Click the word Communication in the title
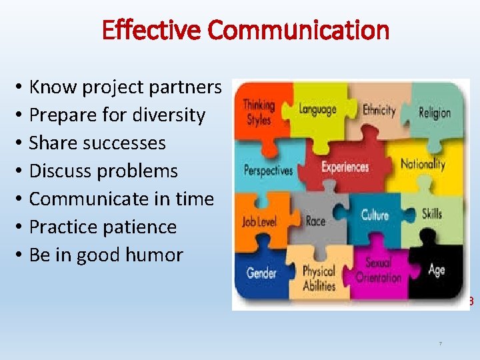coord(298,30)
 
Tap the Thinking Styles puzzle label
coord(258,112)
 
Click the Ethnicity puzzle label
coord(379,110)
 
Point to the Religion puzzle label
coord(435,112)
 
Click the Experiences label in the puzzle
coord(345,167)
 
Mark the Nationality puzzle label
coord(423,164)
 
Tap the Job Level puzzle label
coord(259,221)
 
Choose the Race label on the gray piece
coord(315,221)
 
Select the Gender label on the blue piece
coord(261,273)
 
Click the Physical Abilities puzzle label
coord(319,278)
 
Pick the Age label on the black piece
coord(437,270)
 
